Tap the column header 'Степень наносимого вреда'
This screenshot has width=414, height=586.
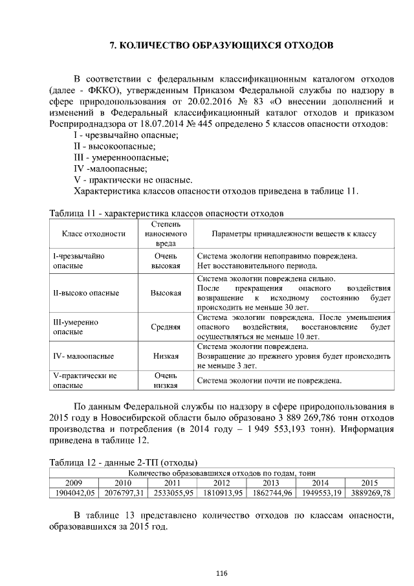point(166,234)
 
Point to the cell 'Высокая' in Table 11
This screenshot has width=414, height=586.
point(166,293)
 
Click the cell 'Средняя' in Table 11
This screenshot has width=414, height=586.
point(166,327)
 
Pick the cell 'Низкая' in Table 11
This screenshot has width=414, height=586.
point(166,355)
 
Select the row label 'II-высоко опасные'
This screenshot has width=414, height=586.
point(85,293)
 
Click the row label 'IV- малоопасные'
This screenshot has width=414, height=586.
point(83,355)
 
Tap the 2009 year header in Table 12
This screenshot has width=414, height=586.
point(74,482)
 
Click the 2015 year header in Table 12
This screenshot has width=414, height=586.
point(369,482)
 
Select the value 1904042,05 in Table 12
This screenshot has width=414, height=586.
point(74,493)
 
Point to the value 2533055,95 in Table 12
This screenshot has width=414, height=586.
point(173,493)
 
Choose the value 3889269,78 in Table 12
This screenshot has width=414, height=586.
point(369,493)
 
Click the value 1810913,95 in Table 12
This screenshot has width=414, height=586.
point(222,493)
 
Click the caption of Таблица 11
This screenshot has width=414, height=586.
point(166,212)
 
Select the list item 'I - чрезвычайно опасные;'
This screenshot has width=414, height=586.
point(125,135)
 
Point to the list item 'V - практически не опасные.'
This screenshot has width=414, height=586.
point(133,179)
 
